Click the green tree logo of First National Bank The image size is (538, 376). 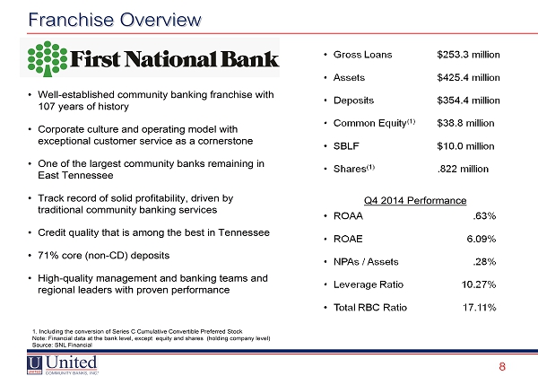pyautogui.click(x=48, y=58)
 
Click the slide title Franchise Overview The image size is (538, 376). pyautogui.click(x=115, y=20)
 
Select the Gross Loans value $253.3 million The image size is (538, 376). pyautogui.click(x=468, y=55)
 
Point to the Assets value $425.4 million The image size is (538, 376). pyautogui.click(x=468, y=77)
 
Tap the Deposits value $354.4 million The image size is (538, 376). pyautogui.click(x=468, y=101)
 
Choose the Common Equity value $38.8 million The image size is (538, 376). pyautogui.click(x=465, y=123)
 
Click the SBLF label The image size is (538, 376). pyautogui.click(x=346, y=146)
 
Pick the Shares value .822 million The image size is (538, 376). pyautogui.click(x=463, y=169)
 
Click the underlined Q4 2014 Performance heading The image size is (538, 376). pyautogui.click(x=415, y=200)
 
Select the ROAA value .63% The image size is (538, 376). pyautogui.click(x=484, y=216)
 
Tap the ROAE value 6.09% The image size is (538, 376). pyautogui.click(x=482, y=239)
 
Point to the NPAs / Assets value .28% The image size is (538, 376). pyautogui.click(x=484, y=262)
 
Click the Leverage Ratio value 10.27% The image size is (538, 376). pyautogui.click(x=479, y=284)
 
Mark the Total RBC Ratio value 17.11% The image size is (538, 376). pyautogui.click(x=480, y=307)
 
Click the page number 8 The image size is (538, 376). pyautogui.click(x=502, y=367)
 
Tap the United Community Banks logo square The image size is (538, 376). pyautogui.click(x=35, y=365)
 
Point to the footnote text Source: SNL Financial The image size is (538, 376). pyautogui.click(x=62, y=345)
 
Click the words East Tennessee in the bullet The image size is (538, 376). pyautogui.click(x=75, y=176)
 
